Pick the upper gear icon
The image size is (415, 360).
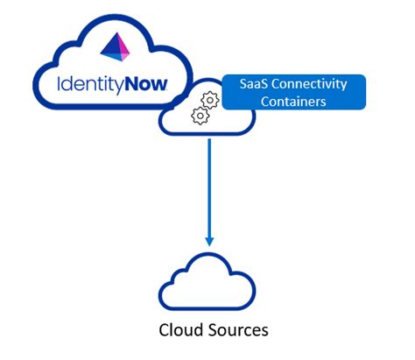(x=209, y=98)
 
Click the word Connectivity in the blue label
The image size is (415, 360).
(x=312, y=84)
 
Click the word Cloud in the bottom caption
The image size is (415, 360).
(x=179, y=330)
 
